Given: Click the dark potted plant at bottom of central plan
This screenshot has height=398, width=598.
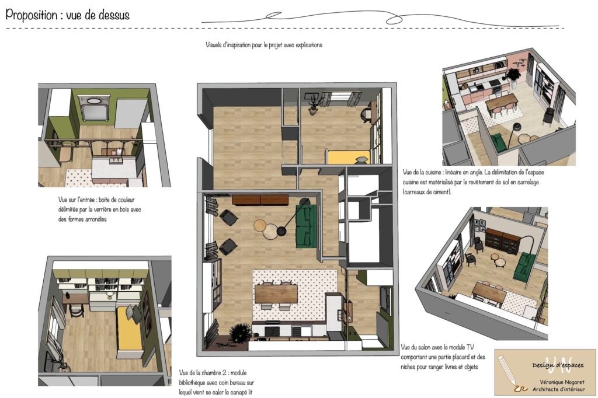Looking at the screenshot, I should pyautogui.click(x=239, y=334).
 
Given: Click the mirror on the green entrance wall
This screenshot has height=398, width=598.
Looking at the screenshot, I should pyautogui.click(x=94, y=108).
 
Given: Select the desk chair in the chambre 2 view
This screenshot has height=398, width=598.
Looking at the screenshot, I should pyautogui.click(x=77, y=310).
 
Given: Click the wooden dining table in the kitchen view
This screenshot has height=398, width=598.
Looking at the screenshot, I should pyautogui.click(x=502, y=102).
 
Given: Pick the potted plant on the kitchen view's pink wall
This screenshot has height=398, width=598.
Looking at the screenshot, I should pyautogui.click(x=514, y=75).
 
